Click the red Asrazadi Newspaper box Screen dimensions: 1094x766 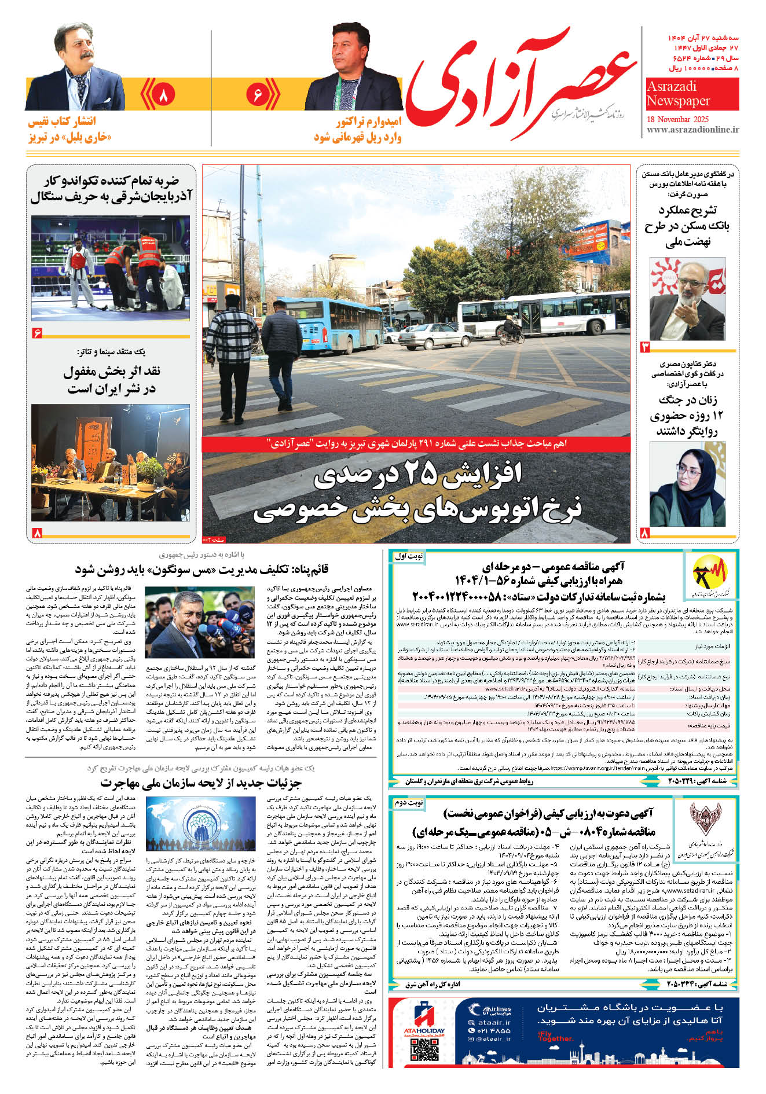coord(692,94)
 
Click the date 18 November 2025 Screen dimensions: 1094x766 coord(678,119)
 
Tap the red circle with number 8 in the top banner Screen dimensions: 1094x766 coord(163,94)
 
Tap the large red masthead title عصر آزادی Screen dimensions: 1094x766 coord(521,81)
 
